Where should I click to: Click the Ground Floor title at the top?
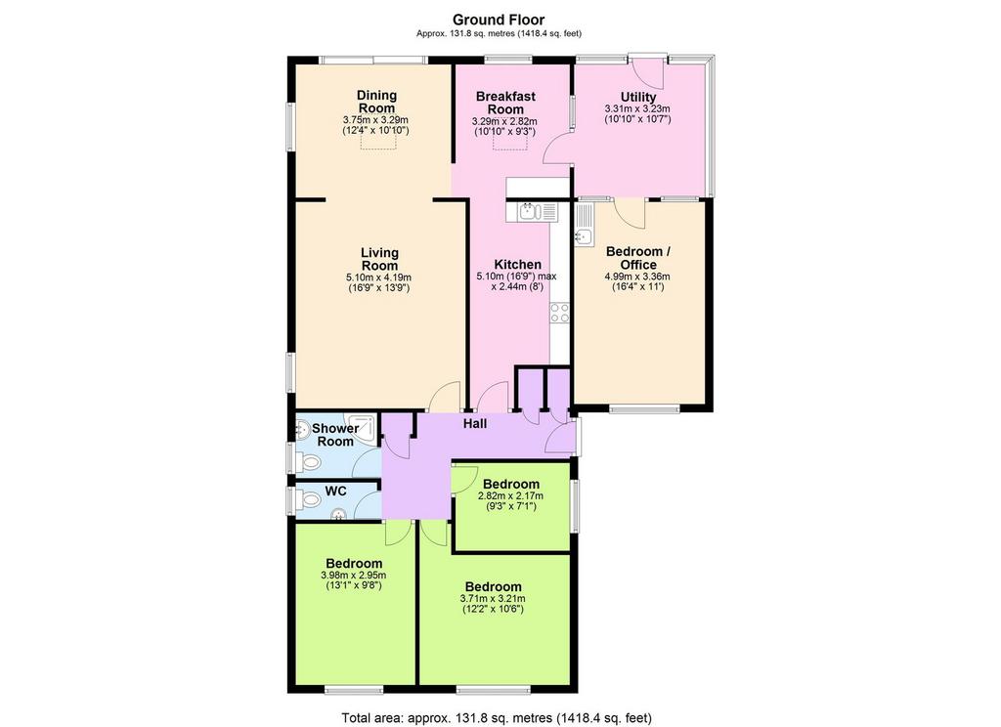point(499,20)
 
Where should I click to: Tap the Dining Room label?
point(376,102)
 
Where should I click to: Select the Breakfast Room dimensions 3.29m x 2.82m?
point(504,121)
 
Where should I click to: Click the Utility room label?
point(638,97)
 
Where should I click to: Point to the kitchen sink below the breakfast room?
point(531,211)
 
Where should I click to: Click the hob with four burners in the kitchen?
point(559,313)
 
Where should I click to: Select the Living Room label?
point(379,259)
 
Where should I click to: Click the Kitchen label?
point(518,264)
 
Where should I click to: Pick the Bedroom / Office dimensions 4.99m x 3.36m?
point(637,277)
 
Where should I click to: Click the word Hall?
point(475,423)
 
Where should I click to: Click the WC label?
point(336,491)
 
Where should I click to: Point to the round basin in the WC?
point(338,513)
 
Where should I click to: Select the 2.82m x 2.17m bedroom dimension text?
point(510,496)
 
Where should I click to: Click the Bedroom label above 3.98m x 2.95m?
point(354,564)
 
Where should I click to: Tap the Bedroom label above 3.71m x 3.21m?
point(493,586)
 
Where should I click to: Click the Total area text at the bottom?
point(497,718)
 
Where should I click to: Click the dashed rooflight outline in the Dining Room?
point(379,143)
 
